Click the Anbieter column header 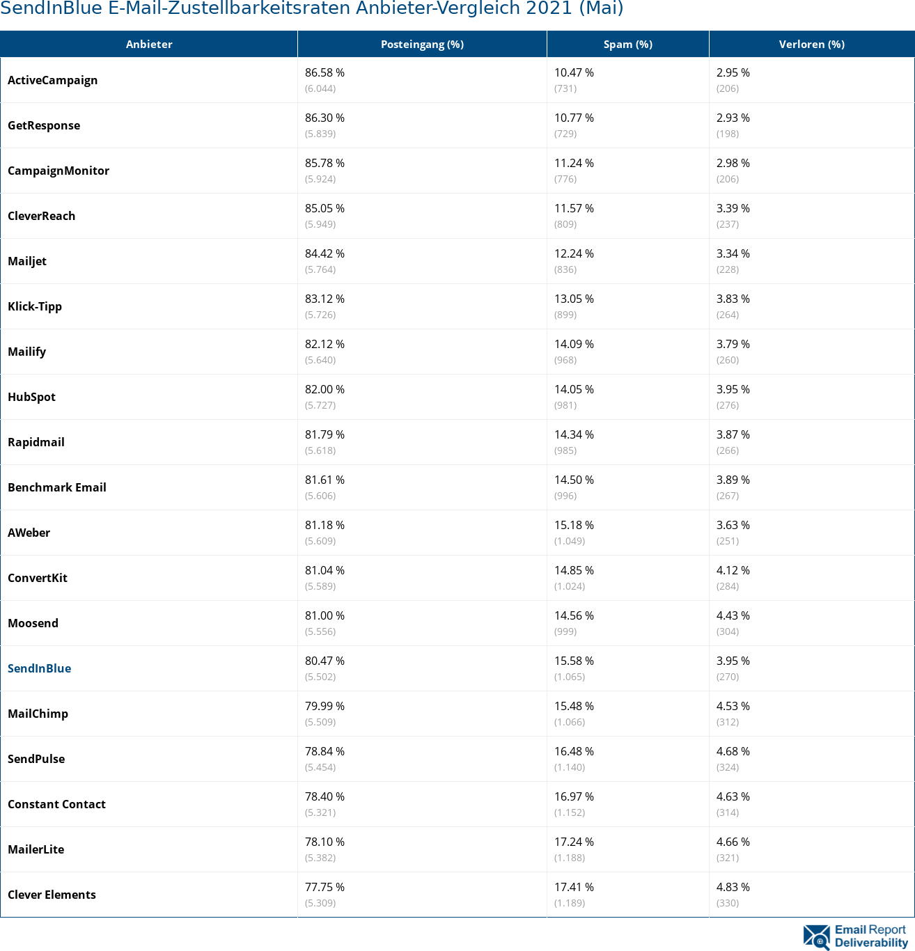[x=149, y=45]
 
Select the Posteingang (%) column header [x=422, y=45]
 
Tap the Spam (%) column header [x=627, y=45]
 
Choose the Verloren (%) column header [x=811, y=45]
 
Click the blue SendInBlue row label [x=40, y=668]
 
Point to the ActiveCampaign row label [x=53, y=80]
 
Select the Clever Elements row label [x=52, y=895]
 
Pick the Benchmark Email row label [x=57, y=487]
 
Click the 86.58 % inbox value [x=324, y=72]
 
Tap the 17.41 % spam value [x=574, y=887]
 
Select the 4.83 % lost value [x=733, y=887]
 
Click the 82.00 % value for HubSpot [x=324, y=389]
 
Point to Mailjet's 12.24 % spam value [x=574, y=253]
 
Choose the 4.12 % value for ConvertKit [x=733, y=570]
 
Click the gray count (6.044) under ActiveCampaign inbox [x=320, y=88]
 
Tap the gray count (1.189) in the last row [x=570, y=903]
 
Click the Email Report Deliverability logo [x=855, y=936]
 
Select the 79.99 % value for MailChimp [x=324, y=706]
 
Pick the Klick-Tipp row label [x=35, y=306]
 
